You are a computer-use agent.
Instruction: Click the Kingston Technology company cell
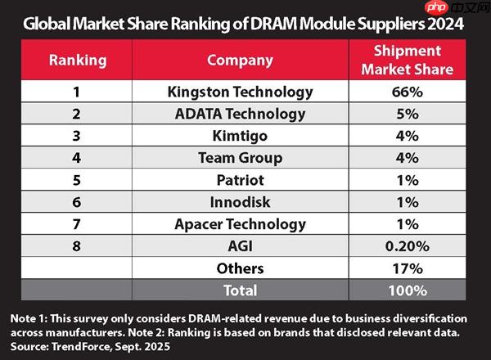point(240,92)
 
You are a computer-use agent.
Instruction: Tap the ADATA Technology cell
point(240,114)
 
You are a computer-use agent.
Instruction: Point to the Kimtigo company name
point(240,136)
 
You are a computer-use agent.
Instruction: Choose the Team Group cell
point(240,158)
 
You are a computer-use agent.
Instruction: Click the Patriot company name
point(240,180)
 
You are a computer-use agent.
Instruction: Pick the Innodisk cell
point(240,202)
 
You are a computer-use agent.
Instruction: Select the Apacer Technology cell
point(240,224)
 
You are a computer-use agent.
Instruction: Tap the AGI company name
point(240,246)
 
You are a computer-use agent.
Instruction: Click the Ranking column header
point(78,60)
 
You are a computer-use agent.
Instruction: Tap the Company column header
point(240,60)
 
